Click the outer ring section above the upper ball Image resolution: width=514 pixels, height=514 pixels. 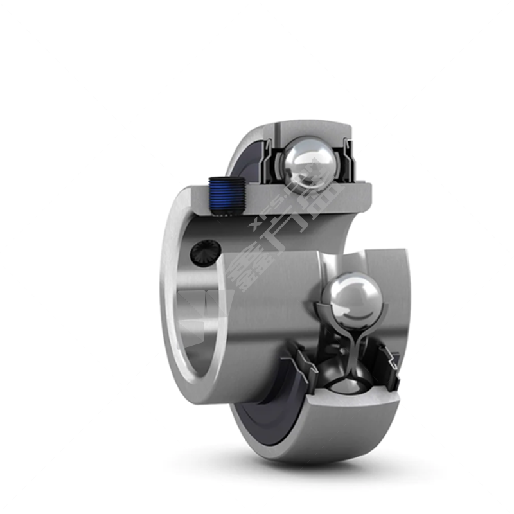[308, 128]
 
